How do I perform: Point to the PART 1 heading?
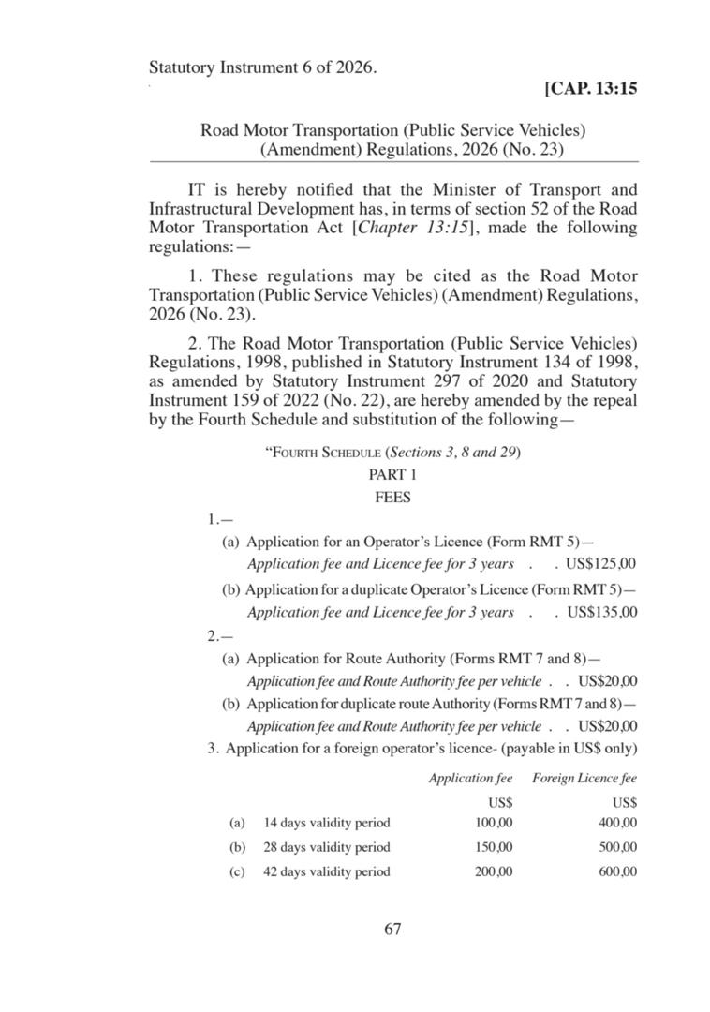point(392,475)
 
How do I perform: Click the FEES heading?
point(392,498)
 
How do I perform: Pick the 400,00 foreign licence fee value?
point(617,823)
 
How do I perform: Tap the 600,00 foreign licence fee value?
point(617,871)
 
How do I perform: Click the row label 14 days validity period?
point(326,823)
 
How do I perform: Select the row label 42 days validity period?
point(326,871)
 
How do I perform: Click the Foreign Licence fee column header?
point(584,778)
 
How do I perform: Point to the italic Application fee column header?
point(470,778)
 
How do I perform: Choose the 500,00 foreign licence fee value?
point(617,847)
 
